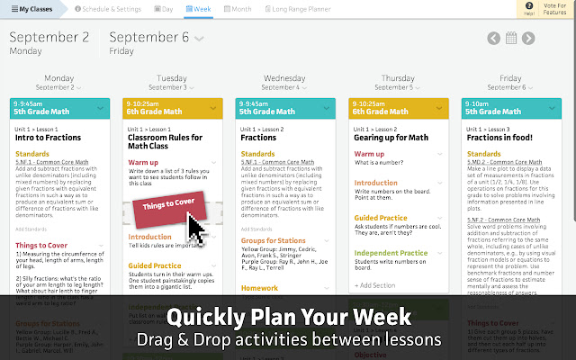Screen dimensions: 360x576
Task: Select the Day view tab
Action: pos(164,9)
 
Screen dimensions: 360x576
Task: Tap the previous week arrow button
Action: pos(493,39)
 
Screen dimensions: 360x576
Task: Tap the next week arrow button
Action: pos(528,39)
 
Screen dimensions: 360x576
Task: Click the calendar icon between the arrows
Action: pos(511,39)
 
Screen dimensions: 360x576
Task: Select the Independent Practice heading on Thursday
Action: pos(391,253)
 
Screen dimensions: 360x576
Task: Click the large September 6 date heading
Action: pos(149,38)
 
